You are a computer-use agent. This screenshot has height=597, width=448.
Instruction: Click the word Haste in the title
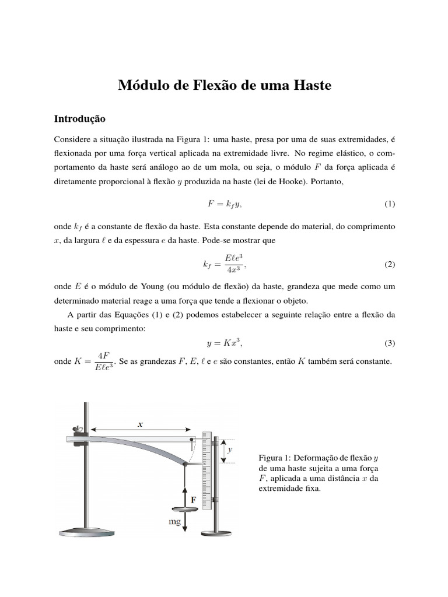pos(309,86)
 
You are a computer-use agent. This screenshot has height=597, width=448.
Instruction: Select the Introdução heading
pos(79,118)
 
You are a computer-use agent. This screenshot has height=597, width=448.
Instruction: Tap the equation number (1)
pos(390,204)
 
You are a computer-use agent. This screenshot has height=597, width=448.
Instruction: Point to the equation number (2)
pos(390,264)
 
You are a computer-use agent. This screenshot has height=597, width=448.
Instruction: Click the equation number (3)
pos(390,342)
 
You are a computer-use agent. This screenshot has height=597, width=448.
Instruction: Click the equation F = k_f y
pos(224,204)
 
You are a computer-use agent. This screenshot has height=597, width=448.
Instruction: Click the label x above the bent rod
pos(140,425)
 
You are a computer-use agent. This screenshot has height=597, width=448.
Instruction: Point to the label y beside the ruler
pos(230,450)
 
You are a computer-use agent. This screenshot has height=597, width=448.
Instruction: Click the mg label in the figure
pos(174,522)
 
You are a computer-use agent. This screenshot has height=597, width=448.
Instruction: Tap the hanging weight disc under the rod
pos(184,511)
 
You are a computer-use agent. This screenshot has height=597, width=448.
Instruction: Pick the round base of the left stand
pos(86,531)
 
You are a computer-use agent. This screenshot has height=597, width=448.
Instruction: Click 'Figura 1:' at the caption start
pos(274,458)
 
